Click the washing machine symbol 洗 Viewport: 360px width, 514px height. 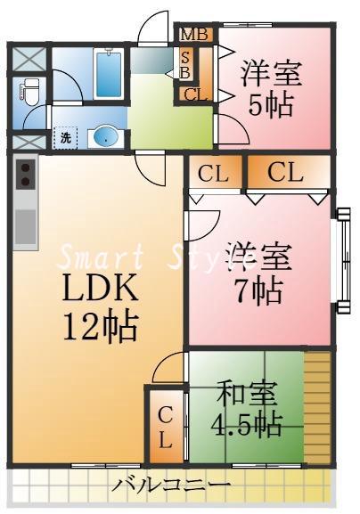pyautogui.click(x=66, y=137)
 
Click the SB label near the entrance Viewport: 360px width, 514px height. pyautogui.click(x=185, y=64)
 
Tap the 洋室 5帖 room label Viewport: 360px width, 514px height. pyautogui.click(x=271, y=89)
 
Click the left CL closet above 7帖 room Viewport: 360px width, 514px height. pyautogui.click(x=214, y=174)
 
